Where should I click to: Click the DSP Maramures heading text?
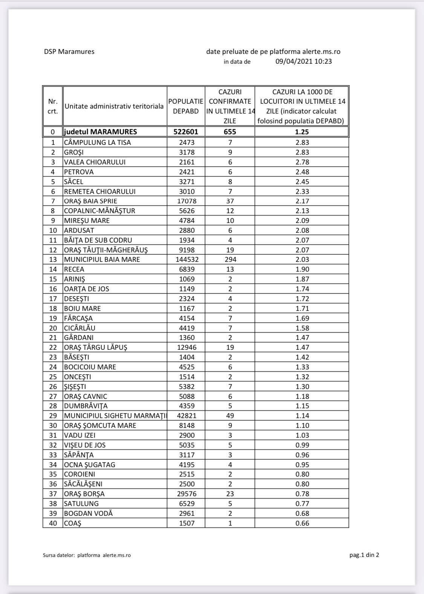click(69, 52)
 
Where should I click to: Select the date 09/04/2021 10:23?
click(303, 62)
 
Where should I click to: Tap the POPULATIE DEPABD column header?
click(186, 106)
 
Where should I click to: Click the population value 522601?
click(186, 132)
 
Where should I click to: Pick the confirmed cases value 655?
click(230, 132)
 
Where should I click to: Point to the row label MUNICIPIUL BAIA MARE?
click(102, 260)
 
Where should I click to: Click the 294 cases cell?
click(230, 260)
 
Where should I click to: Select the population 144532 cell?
click(186, 260)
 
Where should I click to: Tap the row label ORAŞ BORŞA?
click(84, 494)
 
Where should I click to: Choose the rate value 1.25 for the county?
click(302, 132)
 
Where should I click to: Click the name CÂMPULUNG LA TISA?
click(97, 142)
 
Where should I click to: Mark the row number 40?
click(53, 523)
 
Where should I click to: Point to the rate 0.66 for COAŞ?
click(302, 523)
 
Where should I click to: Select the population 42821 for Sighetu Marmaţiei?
click(186, 415)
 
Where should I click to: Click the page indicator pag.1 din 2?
click(364, 555)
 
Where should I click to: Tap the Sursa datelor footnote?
click(87, 555)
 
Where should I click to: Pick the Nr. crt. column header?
click(53, 106)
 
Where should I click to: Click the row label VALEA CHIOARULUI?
click(95, 162)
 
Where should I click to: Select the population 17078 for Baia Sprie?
click(186, 201)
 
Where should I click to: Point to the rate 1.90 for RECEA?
click(302, 269)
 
